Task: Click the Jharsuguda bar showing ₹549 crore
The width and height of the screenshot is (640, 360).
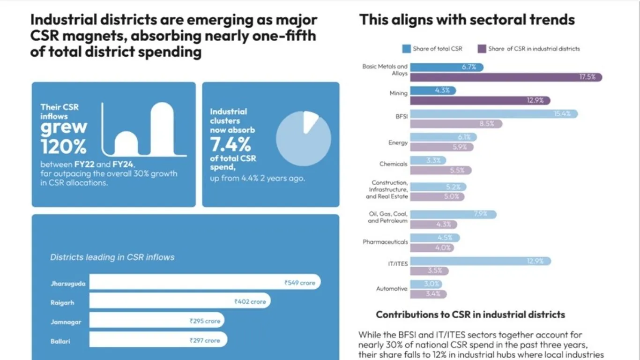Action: pos(205,282)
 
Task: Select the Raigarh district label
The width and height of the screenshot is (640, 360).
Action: pos(62,303)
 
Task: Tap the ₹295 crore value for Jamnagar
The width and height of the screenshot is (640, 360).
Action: pos(205,321)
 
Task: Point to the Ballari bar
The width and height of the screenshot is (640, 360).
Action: pos(158,340)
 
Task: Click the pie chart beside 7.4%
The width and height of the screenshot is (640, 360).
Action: pos(303,138)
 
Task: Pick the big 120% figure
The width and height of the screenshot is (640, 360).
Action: pos(64,147)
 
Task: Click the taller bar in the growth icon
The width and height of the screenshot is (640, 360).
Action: pos(162,128)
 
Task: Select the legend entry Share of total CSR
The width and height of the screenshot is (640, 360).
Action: pos(437,49)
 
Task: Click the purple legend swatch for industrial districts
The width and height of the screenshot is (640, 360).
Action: pos(482,49)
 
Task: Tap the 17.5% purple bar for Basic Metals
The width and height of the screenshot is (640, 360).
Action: pos(506,77)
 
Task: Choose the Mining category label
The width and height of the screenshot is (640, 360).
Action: pos(398,94)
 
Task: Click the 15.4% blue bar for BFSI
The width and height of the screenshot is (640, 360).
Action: pos(494,114)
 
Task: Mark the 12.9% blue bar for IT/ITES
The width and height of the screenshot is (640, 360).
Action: pos(480,261)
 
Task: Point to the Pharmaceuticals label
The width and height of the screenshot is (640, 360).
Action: pos(385,242)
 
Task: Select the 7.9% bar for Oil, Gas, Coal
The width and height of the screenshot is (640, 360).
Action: pos(453,214)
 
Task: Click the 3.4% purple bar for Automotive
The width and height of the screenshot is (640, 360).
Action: pos(428,294)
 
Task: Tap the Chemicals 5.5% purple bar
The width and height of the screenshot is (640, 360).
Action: pos(441,170)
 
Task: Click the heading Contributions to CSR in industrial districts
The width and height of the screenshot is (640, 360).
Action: pos(470,315)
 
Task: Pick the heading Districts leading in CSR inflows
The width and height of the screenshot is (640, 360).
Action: pos(112,257)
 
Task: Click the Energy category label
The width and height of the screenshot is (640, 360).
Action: pos(398,142)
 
